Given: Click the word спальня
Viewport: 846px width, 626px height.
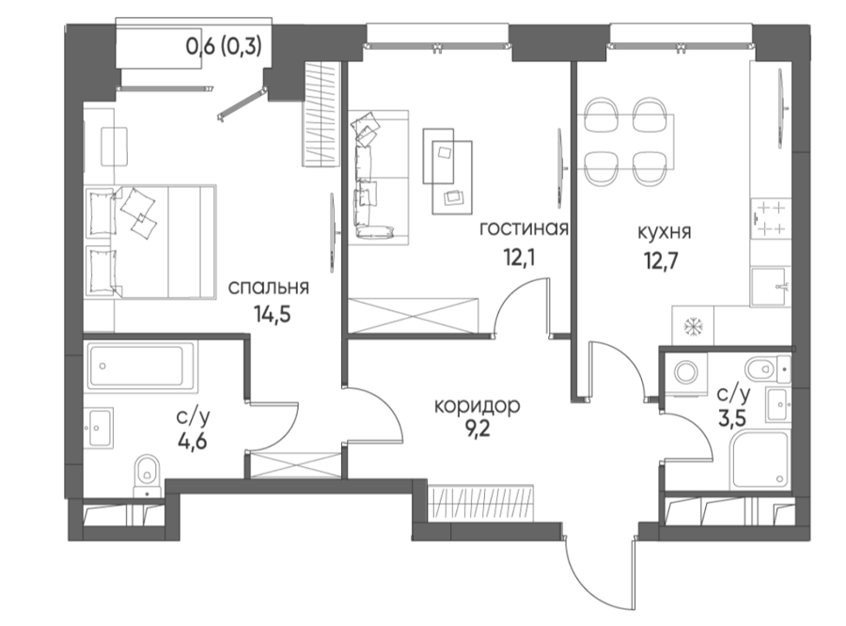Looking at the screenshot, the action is (x=268, y=287).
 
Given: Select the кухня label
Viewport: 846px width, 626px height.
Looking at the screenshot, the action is (x=665, y=232).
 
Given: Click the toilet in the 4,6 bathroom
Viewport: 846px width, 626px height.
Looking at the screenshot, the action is (x=147, y=475).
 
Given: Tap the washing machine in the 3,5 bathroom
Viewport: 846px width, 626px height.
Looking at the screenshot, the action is (x=686, y=372).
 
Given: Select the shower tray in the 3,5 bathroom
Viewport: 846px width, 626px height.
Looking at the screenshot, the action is (x=760, y=461).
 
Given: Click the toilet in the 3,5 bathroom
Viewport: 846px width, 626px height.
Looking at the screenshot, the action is (x=767, y=369).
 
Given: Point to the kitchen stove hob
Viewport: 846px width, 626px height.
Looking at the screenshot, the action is (x=771, y=218).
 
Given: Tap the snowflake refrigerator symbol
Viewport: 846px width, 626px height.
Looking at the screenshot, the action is (x=692, y=326).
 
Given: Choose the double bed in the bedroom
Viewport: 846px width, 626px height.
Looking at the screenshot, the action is (x=150, y=242).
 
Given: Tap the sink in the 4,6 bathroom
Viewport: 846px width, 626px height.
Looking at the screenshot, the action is (x=100, y=429).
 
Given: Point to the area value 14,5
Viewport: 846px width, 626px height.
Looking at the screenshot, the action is (x=273, y=313).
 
